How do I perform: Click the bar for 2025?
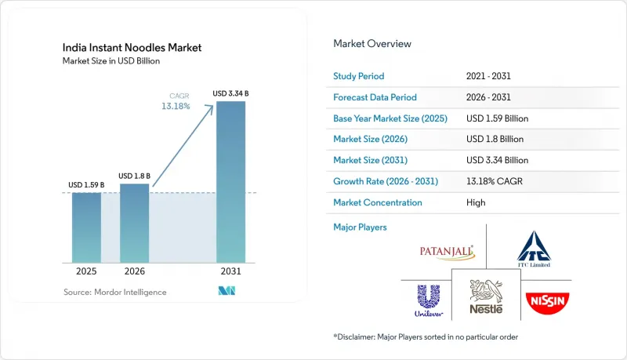click(86, 227)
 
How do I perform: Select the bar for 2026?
click(134, 224)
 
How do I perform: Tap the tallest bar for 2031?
click(230, 182)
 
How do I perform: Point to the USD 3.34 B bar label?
click(230, 93)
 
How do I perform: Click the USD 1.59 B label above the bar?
click(86, 185)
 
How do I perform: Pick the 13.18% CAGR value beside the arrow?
click(176, 106)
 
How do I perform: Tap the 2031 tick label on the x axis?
click(230, 271)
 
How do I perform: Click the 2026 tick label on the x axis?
click(134, 271)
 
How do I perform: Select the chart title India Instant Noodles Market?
click(132, 48)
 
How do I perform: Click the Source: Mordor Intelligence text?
click(114, 292)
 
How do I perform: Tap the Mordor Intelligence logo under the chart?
click(227, 291)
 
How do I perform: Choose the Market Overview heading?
click(371, 44)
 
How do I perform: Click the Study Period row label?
click(358, 76)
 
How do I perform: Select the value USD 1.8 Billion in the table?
click(495, 139)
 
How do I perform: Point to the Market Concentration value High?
click(476, 202)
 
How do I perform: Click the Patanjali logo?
click(447, 253)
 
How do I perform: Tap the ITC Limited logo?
click(534, 249)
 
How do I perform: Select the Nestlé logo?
click(486, 296)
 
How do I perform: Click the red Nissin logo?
click(547, 303)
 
